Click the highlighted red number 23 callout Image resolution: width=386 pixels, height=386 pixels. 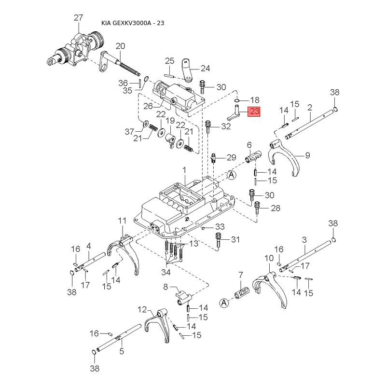(x=254, y=111)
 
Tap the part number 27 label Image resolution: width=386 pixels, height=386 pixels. (x=79, y=18)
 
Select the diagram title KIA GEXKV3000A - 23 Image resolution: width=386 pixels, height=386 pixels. (x=133, y=23)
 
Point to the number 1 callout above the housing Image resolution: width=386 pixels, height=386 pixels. (x=184, y=170)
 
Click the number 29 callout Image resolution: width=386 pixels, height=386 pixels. (x=231, y=157)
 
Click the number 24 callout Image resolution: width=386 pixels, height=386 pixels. (x=205, y=68)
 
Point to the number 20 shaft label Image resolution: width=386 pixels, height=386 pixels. (x=120, y=46)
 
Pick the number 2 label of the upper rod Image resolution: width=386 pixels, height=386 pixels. (x=309, y=107)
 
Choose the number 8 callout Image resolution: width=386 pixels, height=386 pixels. (x=165, y=287)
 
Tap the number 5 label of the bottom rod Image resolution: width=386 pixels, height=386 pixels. (x=122, y=351)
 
